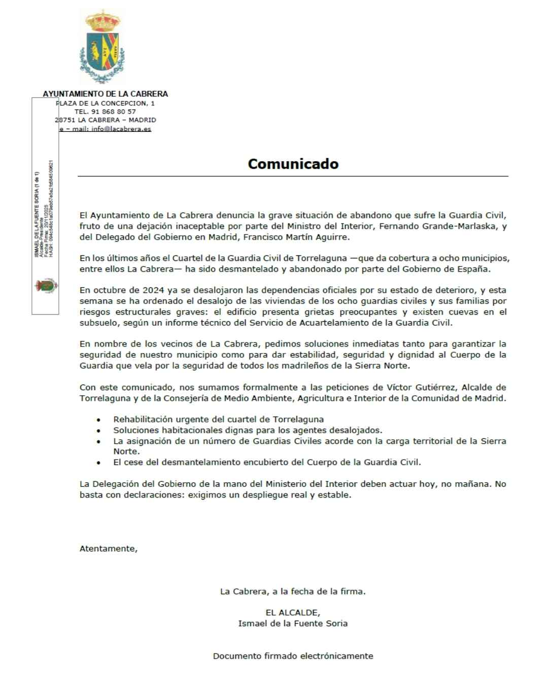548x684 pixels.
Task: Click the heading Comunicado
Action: [293, 164]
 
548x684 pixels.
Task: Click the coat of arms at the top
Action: [102, 47]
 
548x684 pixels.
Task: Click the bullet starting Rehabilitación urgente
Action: [218, 420]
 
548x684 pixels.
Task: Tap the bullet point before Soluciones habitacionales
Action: [98, 431]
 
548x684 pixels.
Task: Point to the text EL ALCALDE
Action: [293, 612]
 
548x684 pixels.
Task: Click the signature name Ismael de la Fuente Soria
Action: [293, 623]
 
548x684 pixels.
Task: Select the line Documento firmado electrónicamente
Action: [293, 656]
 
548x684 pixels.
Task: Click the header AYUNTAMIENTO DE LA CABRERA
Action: [105, 94]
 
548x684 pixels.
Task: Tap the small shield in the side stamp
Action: [46, 286]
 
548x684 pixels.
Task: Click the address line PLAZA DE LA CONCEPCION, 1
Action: [106, 103]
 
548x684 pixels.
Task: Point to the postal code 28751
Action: [65, 120]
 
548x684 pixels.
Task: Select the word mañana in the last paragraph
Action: [471, 484]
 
